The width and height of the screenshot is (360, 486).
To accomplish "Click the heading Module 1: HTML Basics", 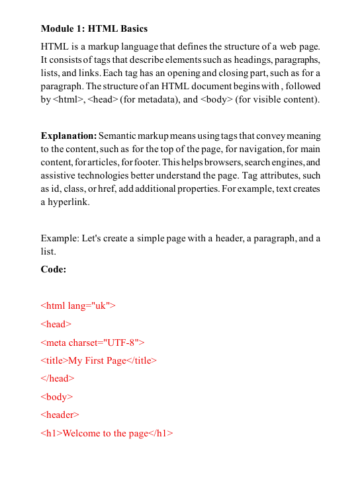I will coord(94,28).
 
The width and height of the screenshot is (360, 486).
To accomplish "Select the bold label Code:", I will coord(54,269).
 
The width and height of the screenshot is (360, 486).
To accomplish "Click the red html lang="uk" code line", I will coord(78,305).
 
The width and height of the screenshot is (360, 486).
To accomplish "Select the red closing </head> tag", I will coord(58,378).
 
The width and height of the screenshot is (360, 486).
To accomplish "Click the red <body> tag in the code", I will coord(57,397).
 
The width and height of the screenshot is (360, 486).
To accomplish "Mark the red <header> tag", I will coord(60,415).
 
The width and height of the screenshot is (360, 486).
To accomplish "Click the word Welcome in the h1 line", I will coord(81,433).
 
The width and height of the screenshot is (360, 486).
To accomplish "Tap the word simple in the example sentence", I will coord(153,238).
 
